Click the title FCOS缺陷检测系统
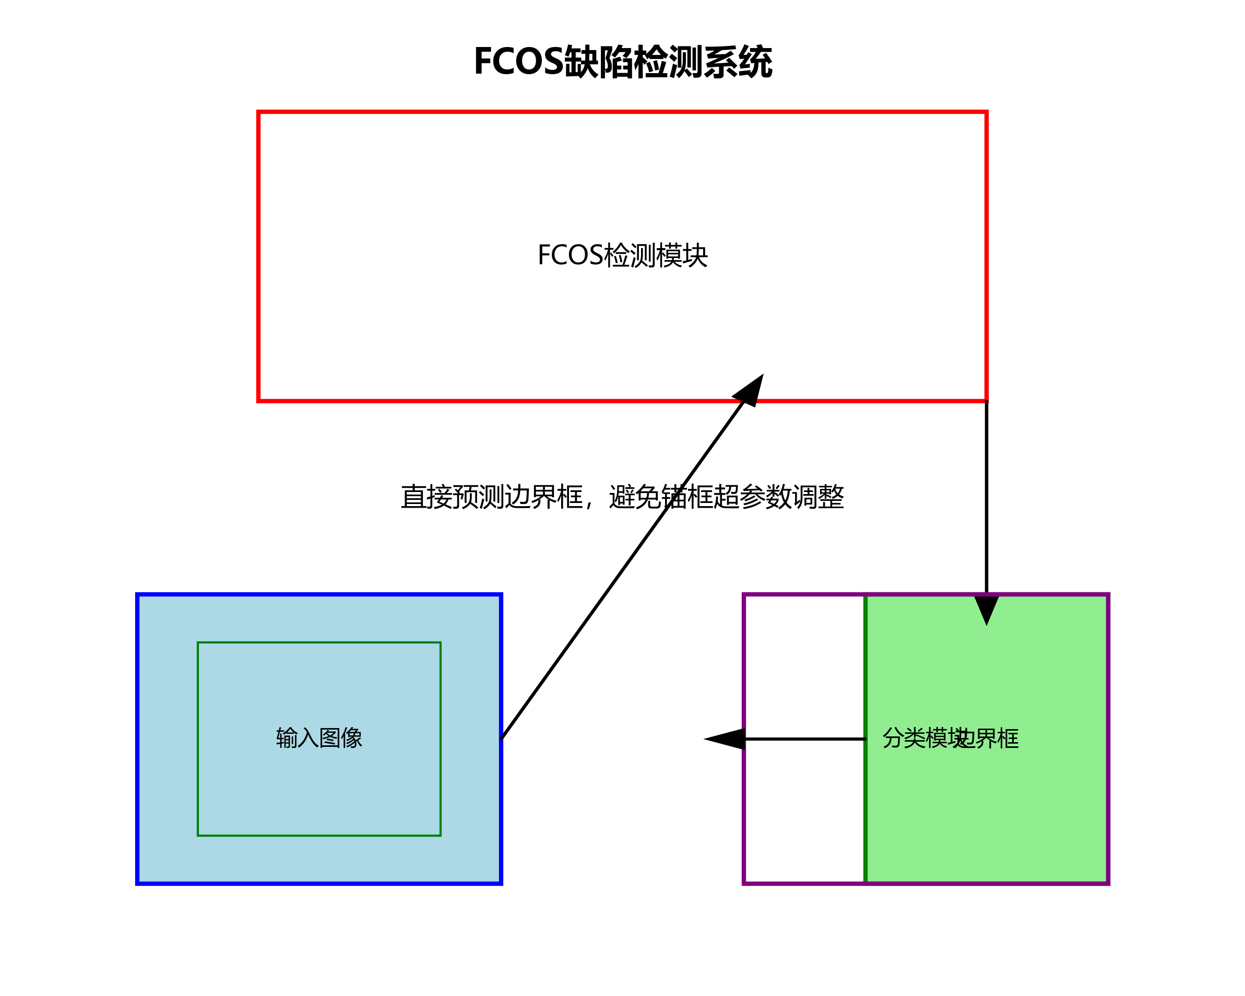click(x=622, y=62)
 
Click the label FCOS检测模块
click(x=622, y=255)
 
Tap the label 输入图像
click(x=319, y=739)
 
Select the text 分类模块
click(x=918, y=739)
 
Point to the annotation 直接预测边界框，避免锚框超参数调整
click(x=622, y=497)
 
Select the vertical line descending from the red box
click(x=987, y=497)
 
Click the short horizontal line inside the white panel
click(x=805, y=739)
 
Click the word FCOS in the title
click(x=518, y=62)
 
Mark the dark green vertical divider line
click(x=865, y=809)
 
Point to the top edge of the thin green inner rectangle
click(x=319, y=642)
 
